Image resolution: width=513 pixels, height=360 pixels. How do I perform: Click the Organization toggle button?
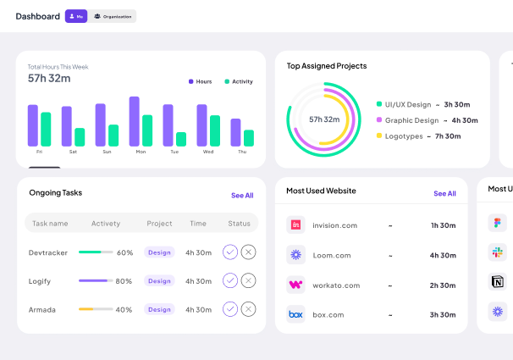pos(113,16)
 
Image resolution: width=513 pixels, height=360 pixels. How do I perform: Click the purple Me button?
pos(76,16)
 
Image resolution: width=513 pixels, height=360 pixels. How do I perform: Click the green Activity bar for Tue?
pos(181,139)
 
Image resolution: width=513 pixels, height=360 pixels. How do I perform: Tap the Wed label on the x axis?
pos(208,152)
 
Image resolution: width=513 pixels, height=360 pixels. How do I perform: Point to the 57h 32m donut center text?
pos(324,119)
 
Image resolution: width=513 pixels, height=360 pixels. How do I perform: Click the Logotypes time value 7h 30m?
pos(448,136)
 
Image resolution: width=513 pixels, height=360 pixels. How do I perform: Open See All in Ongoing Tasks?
pos(242,195)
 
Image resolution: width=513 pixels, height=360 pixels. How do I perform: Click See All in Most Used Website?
pos(444,193)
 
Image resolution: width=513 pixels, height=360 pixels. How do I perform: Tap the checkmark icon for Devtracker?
pos(229,252)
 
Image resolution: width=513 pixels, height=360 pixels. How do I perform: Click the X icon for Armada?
pos(248,309)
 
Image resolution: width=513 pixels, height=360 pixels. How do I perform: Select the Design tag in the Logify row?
pos(159,280)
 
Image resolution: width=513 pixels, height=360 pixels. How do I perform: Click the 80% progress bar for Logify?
pos(96,280)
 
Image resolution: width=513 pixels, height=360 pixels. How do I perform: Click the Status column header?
pos(239,224)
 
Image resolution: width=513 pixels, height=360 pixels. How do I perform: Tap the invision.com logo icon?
pos(295,225)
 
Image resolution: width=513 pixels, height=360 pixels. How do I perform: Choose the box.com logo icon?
pos(295,314)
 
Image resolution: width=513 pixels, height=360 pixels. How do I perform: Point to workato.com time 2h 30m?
pos(443,285)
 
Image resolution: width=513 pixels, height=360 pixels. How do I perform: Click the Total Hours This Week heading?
pos(58,66)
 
